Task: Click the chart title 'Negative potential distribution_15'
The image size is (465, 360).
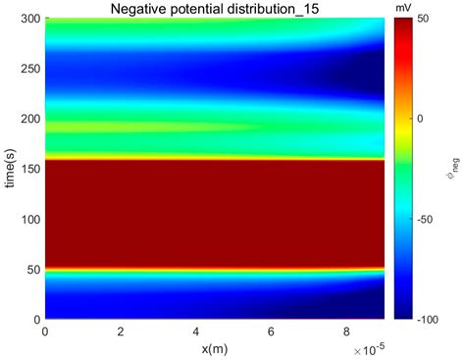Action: pyautogui.click(x=214, y=9)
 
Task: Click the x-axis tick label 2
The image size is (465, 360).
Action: pyautogui.click(x=120, y=333)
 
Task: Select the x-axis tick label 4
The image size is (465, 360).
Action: pyautogui.click(x=195, y=333)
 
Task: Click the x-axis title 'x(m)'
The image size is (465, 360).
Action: pyautogui.click(x=214, y=348)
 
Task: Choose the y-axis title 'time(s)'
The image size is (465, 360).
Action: pyautogui.click(x=11, y=169)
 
